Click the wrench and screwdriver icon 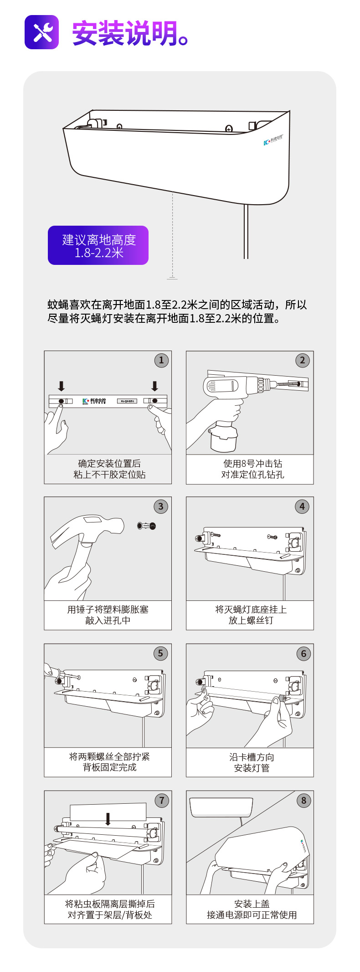pos(41,32)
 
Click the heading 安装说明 pos(124,33)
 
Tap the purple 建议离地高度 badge pos(98,245)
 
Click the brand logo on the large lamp pos(273,140)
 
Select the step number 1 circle pos(161,360)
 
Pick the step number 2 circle pos(302,360)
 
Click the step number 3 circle pos(160,507)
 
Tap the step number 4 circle pos(302,507)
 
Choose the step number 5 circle pos(160,653)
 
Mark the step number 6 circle pos(303,654)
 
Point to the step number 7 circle pos(161,801)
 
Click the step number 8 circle pos(303,801)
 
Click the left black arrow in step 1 pos(61,386)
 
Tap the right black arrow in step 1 pos(154,386)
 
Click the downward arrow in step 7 pos(108,819)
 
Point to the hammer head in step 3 pos(87,531)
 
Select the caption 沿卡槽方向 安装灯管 pos(252,762)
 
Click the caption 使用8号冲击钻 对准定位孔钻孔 pos(252,469)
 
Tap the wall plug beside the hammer pos(147,526)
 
